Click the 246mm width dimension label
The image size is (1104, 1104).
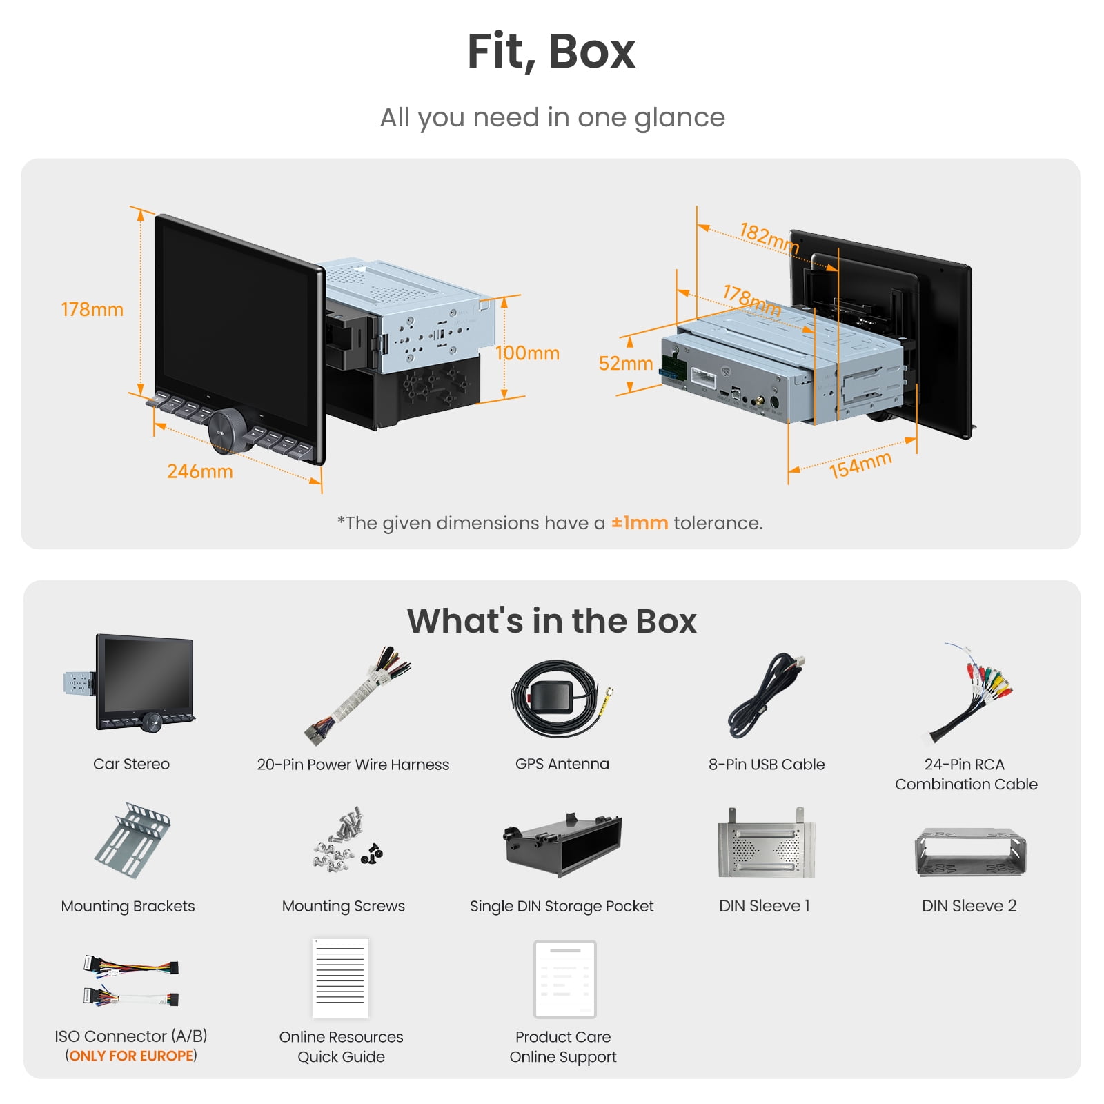(200, 471)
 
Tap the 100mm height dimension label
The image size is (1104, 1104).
(527, 353)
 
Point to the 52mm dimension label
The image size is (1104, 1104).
(626, 363)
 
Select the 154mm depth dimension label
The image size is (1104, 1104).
(860, 464)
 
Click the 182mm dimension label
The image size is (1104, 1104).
(769, 237)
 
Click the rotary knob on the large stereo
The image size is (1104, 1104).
(226, 431)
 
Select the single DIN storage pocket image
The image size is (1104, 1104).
(562, 845)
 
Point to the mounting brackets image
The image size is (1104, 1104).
(132, 840)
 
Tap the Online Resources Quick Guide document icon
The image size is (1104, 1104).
(341, 978)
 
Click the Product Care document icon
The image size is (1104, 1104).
(564, 979)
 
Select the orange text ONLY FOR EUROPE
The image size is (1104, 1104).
(131, 1056)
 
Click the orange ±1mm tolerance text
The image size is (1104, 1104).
(640, 523)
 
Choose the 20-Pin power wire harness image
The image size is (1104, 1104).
(357, 696)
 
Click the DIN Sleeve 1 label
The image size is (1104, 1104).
(765, 906)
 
